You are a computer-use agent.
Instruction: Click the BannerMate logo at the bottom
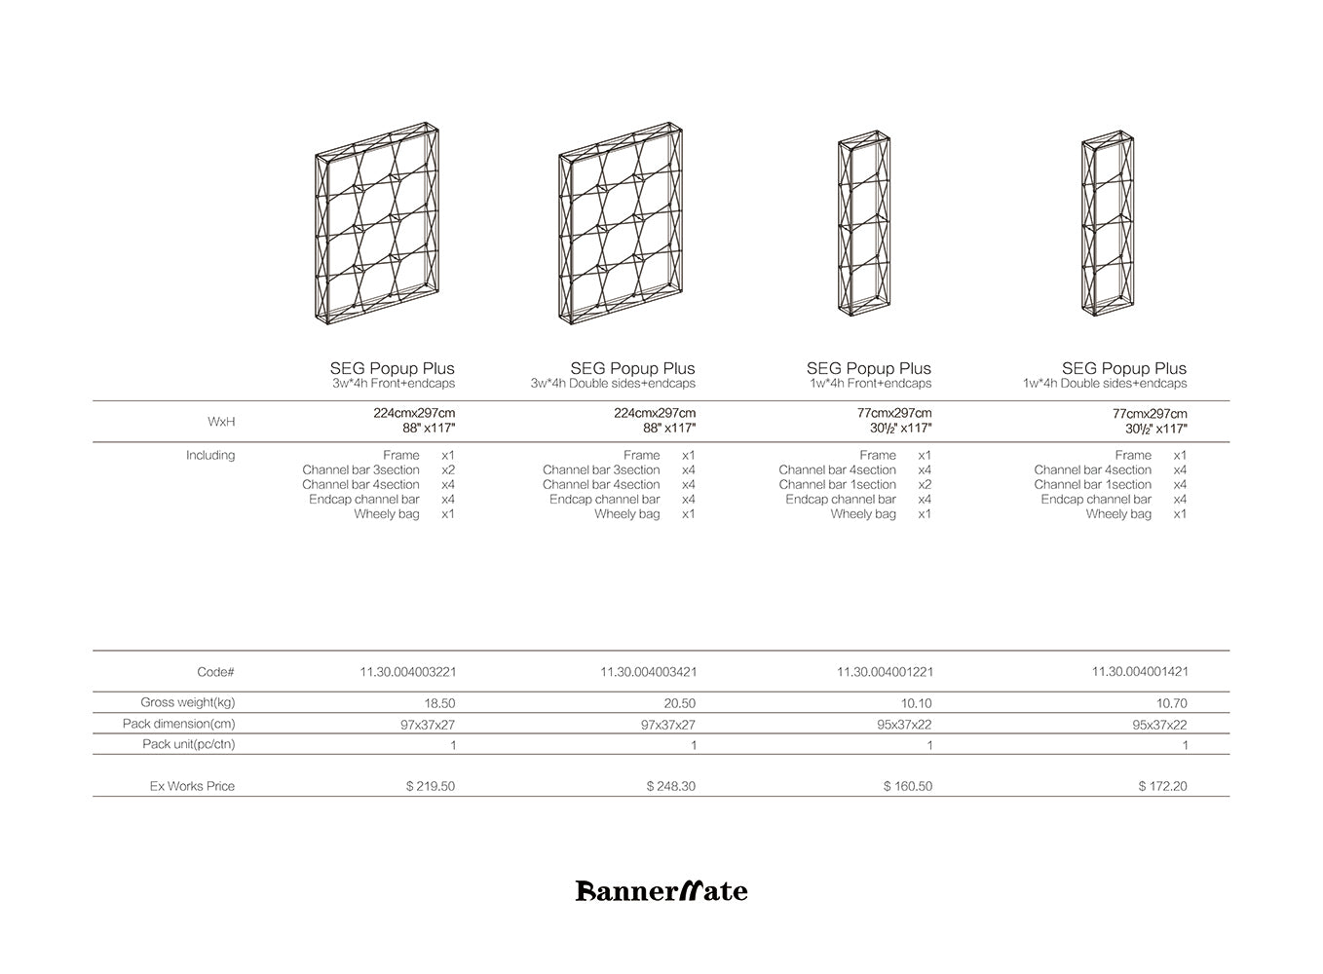click(661, 890)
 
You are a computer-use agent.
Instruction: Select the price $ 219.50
click(431, 786)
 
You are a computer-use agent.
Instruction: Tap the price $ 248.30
click(671, 786)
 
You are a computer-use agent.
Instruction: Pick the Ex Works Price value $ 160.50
click(907, 786)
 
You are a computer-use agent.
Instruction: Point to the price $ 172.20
click(1162, 786)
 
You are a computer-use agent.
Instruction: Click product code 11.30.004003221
click(407, 672)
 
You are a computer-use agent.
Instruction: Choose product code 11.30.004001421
click(1140, 672)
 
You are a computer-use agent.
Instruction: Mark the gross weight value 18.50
click(439, 703)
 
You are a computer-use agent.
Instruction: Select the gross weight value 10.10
click(917, 703)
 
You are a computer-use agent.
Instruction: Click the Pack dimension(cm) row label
click(178, 724)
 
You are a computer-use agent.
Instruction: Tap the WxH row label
click(221, 422)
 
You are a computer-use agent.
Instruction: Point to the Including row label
click(210, 455)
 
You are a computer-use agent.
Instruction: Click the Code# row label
click(215, 672)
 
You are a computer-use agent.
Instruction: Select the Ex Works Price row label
click(192, 786)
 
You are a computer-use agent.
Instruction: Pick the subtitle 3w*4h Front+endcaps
click(394, 384)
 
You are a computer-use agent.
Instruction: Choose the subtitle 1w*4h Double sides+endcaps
click(1105, 384)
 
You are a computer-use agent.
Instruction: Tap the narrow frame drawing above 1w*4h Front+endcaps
click(865, 225)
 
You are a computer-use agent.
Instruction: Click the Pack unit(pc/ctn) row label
click(188, 744)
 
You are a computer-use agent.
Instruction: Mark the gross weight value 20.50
click(680, 703)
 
